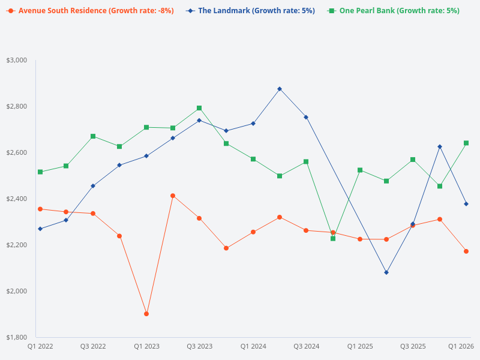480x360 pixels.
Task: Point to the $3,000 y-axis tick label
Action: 17,60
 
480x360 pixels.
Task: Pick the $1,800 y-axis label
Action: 17,337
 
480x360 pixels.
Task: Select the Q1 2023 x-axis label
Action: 146,346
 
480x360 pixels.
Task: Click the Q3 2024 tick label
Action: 306,346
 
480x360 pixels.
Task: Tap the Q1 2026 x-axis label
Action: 461,346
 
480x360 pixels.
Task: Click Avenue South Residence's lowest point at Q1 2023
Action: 146,314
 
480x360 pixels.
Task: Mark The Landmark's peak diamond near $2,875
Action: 280,89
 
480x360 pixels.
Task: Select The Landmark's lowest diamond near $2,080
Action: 386,272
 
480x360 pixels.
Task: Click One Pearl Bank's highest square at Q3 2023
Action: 199,108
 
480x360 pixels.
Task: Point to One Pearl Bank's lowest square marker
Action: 333,238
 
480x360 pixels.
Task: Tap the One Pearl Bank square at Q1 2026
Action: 466,143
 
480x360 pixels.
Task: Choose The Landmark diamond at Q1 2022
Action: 40,229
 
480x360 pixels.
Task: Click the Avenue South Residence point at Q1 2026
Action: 466,251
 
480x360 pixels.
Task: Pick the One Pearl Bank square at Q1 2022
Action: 40,172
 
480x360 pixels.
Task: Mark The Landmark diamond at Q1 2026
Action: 466,204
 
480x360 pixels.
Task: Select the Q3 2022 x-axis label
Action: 93,346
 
